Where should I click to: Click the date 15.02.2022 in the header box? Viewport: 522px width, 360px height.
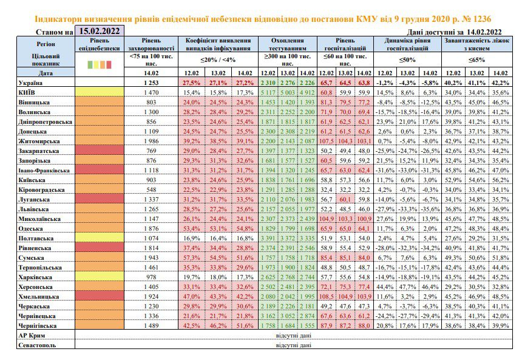(x=99, y=31)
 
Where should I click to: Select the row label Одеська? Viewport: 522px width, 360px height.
(x=30, y=229)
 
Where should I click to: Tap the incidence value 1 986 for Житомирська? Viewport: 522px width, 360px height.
(x=151, y=141)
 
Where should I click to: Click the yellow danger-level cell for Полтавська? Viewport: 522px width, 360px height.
(x=100, y=238)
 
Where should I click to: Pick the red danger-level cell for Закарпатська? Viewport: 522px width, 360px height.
(x=100, y=151)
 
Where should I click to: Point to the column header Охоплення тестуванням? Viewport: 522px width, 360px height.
(x=287, y=44)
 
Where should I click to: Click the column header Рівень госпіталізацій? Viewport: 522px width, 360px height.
(x=345, y=44)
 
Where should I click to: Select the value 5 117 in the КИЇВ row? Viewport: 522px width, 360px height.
(x=268, y=93)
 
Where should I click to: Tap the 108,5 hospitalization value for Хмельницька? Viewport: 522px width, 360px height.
(x=327, y=297)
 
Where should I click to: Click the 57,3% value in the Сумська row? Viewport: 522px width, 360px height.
(x=191, y=258)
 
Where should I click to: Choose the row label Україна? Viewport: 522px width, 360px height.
(x=30, y=83)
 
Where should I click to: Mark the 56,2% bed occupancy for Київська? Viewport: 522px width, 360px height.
(x=500, y=180)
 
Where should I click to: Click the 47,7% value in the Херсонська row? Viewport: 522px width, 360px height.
(x=407, y=287)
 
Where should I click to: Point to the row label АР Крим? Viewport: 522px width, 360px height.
(x=32, y=335)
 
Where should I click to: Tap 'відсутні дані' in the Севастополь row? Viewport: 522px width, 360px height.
(x=294, y=345)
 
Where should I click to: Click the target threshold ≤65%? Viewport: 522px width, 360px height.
(x=476, y=60)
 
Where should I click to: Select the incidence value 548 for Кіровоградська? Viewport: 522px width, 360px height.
(x=151, y=190)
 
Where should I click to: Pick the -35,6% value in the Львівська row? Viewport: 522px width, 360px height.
(x=430, y=209)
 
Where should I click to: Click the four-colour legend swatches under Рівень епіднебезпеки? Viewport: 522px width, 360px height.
(x=100, y=64)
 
